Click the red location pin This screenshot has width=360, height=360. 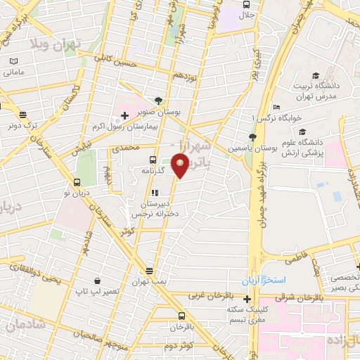pyautogui.click(x=181, y=166)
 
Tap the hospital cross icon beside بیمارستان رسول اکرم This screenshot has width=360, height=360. pyautogui.click(x=124, y=115)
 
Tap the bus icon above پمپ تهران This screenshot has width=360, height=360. pyautogui.click(x=149, y=271)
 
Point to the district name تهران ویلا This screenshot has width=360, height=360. pyautogui.click(x=56, y=43)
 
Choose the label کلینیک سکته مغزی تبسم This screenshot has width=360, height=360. pyautogui.click(x=247, y=314)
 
